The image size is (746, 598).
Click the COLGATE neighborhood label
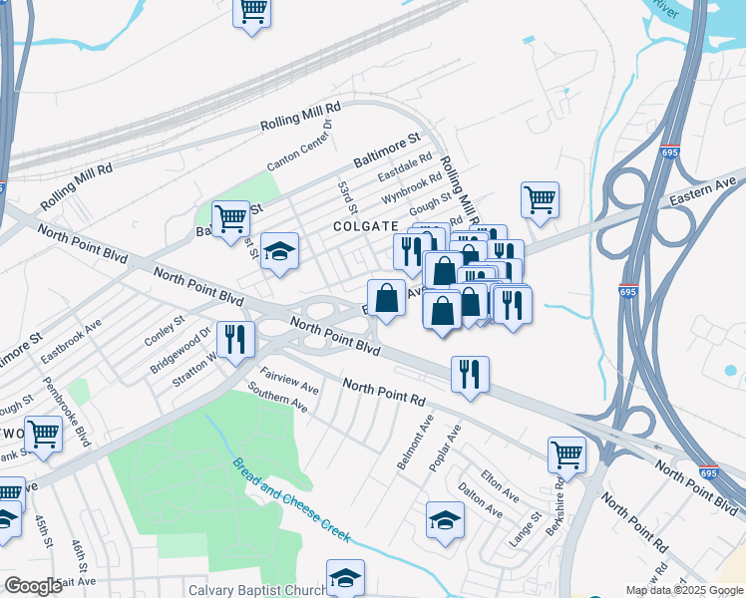[365, 226]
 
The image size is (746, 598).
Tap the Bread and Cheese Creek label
[292, 500]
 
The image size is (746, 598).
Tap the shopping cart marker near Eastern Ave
[540, 197]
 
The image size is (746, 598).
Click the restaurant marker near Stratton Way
[236, 339]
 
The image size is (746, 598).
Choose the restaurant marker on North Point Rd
[470, 374]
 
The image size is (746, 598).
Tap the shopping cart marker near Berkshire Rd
[566, 453]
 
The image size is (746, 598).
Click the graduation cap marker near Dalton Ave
[445, 518]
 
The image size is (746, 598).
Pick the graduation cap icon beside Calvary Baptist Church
[345, 576]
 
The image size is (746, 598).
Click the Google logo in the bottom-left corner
[33, 586]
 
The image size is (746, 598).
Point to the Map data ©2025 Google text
[683, 590]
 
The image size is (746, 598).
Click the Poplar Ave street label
[448, 448]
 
